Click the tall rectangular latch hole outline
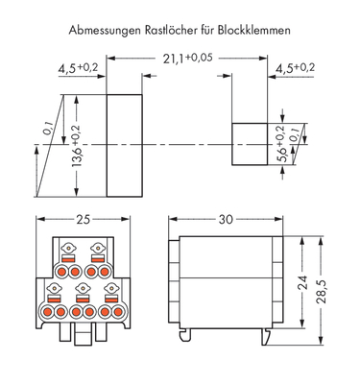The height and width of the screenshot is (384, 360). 123,143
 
